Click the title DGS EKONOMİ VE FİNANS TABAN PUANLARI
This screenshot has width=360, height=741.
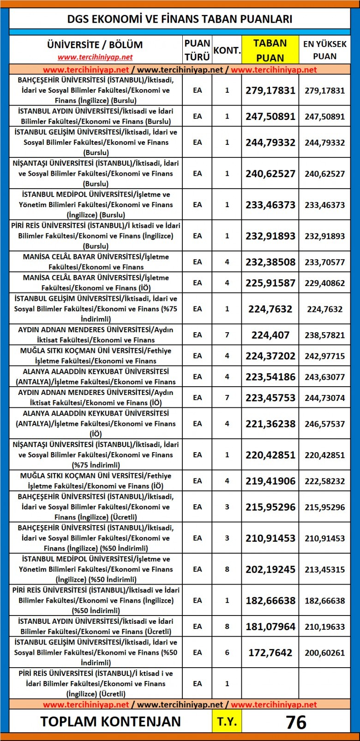(180, 19)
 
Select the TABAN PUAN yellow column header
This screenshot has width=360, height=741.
(270, 50)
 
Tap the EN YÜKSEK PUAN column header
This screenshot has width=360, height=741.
(324, 50)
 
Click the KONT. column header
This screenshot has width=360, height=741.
(227, 50)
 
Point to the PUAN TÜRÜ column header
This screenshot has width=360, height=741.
(197, 50)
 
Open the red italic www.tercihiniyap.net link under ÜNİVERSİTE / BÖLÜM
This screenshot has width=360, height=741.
(95, 57)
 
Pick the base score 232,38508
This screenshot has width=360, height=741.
(270, 262)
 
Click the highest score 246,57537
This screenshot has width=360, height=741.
(324, 424)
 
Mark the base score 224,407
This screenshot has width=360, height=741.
(270, 335)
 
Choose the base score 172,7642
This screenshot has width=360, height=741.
(270, 652)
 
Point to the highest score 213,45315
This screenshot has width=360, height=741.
(324, 569)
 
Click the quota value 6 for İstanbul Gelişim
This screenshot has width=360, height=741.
(227, 652)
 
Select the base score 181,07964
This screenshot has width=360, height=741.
(270, 627)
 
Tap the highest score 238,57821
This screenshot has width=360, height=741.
(324, 335)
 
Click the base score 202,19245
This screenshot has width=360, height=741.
(270, 569)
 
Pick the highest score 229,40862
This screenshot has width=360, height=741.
(324, 283)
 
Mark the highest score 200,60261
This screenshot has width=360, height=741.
(324, 652)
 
